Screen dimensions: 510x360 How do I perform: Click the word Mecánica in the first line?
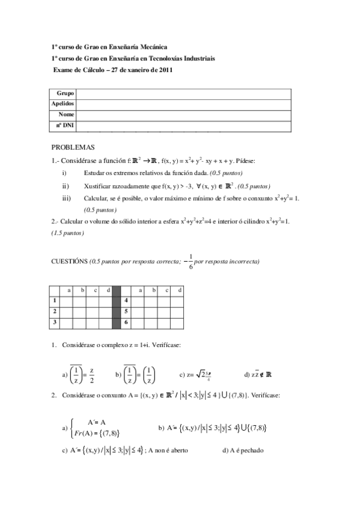click(x=153, y=46)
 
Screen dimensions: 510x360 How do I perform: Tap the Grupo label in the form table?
click(x=66, y=94)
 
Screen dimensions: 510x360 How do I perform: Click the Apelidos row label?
click(x=63, y=103)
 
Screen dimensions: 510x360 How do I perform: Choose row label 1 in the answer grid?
click(x=55, y=300)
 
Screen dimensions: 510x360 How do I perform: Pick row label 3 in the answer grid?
click(x=55, y=323)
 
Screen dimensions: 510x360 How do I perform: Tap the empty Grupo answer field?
click(x=183, y=94)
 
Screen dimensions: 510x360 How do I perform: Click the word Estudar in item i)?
click(x=96, y=173)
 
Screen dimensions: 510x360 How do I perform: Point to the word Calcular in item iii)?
click(x=96, y=198)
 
